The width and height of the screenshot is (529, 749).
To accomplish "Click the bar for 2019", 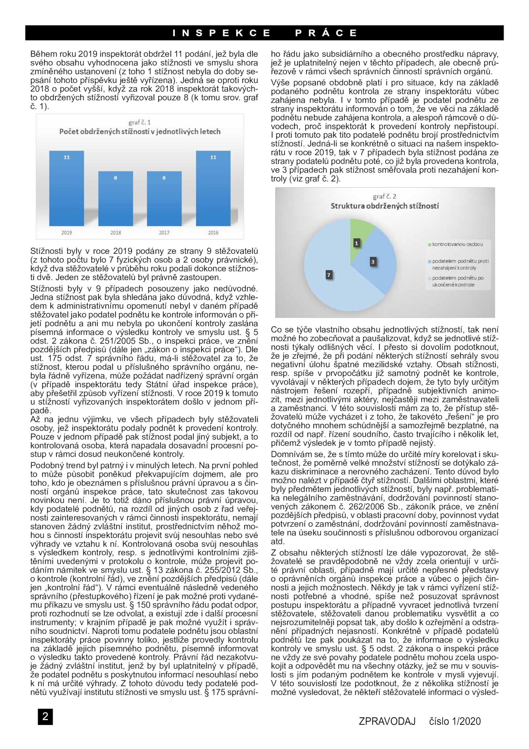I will pos(66,189).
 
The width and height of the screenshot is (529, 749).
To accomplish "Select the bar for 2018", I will pos(115,199).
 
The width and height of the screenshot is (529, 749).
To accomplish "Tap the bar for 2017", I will pos(164,199).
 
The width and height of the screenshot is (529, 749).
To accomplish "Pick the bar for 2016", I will pos(213,189).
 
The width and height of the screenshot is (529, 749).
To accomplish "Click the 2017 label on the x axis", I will pos(164,233).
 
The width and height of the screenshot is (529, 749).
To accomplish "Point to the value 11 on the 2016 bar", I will pos(213,158).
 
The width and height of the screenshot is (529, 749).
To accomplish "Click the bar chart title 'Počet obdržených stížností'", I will pos(140,132).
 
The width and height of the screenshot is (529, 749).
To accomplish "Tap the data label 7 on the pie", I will pos(328,275).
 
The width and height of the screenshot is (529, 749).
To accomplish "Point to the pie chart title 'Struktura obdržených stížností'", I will pos(385,206).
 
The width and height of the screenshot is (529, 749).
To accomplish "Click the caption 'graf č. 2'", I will pos(385,196).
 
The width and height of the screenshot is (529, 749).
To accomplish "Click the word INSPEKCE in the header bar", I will pos(221,33).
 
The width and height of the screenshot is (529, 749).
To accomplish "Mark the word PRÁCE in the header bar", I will pos(326,33).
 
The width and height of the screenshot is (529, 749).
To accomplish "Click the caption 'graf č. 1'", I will pos(140,122).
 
